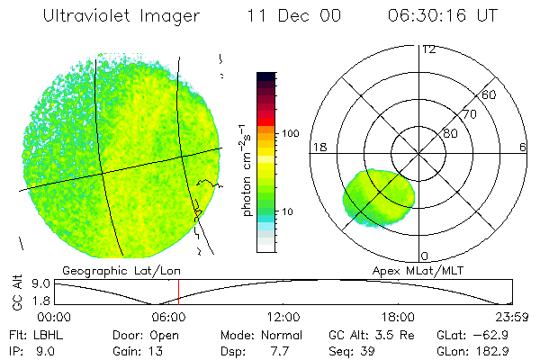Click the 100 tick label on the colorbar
(x=290, y=133)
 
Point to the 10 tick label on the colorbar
(x=287, y=212)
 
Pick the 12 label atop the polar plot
(x=428, y=49)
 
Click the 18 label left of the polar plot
(x=318, y=147)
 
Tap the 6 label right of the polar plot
(x=523, y=147)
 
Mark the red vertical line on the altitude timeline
(x=178, y=292)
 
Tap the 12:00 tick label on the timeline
(x=283, y=317)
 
